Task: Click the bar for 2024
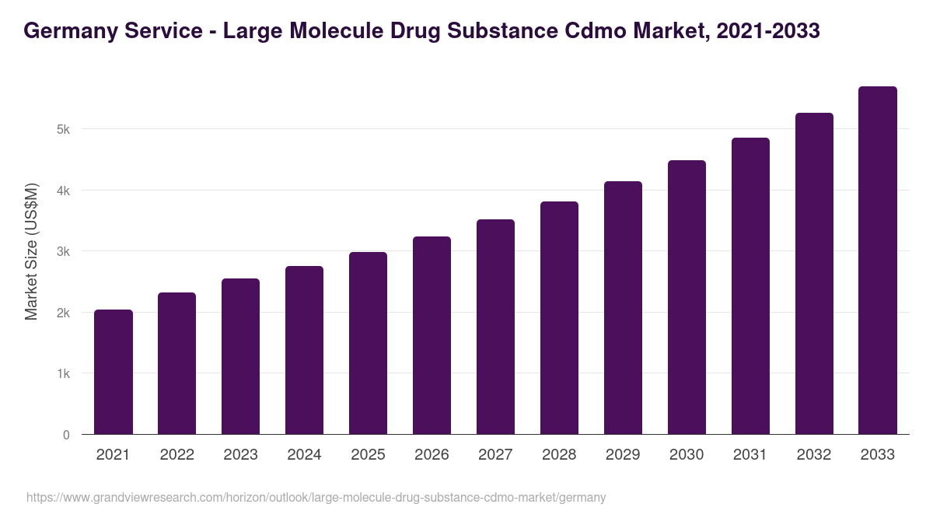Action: pos(304,350)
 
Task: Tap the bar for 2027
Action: pos(495,327)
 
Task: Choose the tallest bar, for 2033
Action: pos(878,261)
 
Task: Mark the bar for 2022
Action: pos(176,363)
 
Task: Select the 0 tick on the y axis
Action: pos(66,435)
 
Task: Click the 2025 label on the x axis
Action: pos(368,455)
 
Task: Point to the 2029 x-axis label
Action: pos(623,455)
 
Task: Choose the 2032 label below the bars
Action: pos(814,455)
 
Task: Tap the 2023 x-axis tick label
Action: pos(240,455)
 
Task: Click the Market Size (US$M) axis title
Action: pos(31,251)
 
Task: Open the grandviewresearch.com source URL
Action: pos(316,497)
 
